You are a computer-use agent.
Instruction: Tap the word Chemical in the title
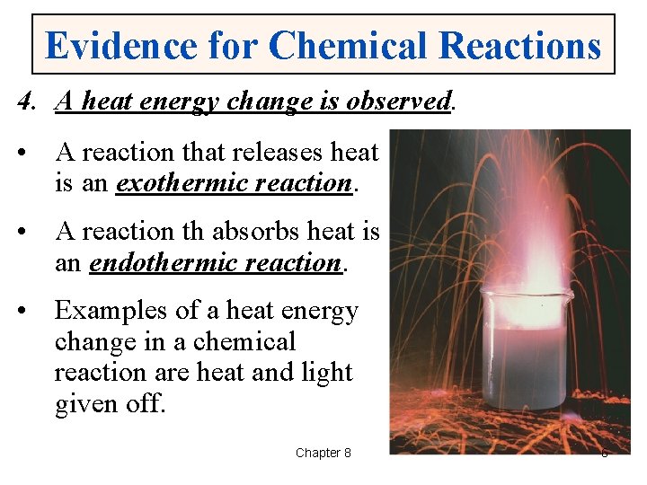[x=357, y=45]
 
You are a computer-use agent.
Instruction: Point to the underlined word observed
[x=398, y=102]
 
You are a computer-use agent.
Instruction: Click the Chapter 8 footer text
[x=323, y=453]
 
